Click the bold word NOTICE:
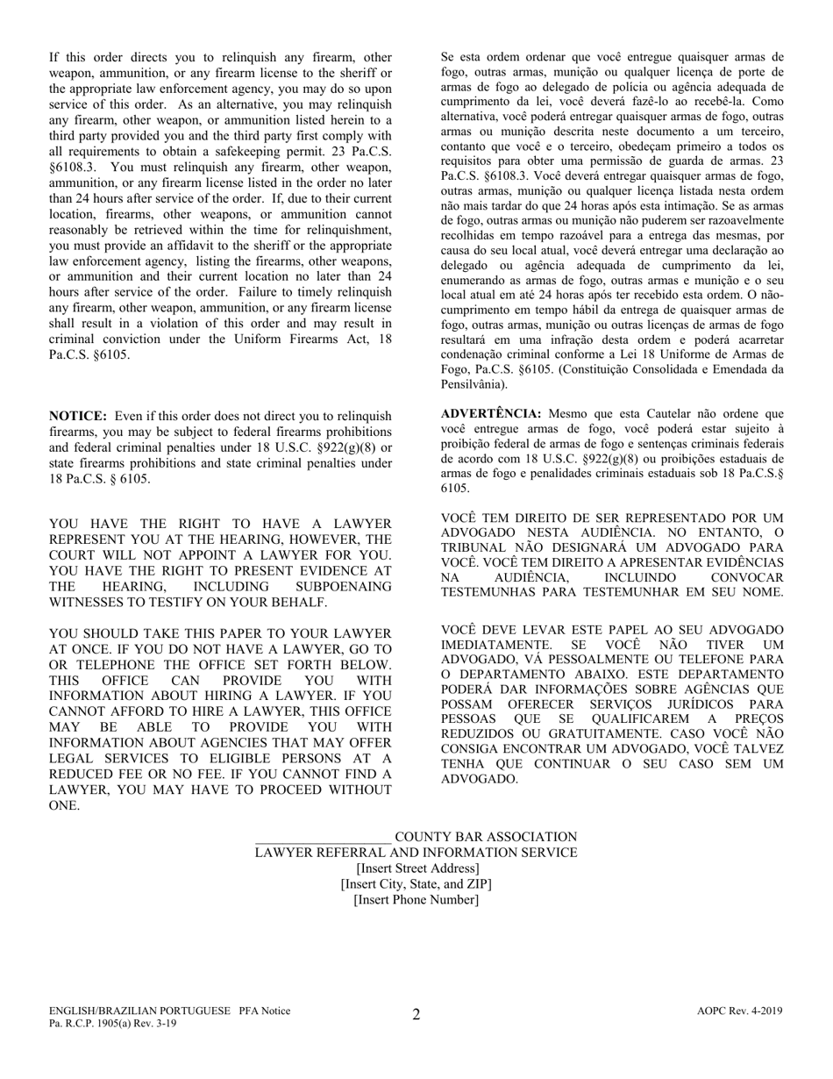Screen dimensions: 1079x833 78,416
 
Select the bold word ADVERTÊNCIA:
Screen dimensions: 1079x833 491,413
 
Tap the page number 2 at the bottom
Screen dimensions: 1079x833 416,1015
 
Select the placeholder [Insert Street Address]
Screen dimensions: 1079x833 416,868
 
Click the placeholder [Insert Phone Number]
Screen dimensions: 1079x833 416,899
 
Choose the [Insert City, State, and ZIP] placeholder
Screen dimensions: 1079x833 416,883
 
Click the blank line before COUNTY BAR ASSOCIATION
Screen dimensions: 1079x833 323,837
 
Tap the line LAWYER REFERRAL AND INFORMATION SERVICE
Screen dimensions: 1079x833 416,853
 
